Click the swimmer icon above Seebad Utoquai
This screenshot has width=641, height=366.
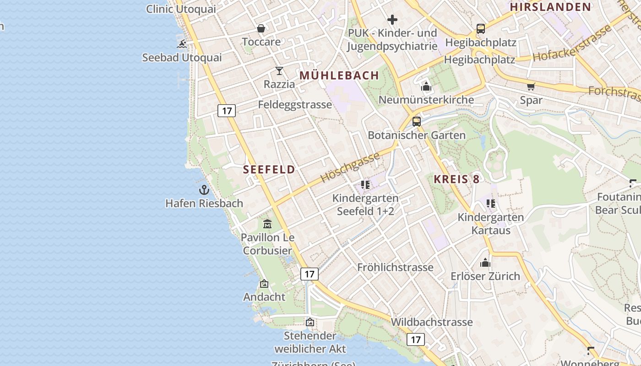pos(182,44)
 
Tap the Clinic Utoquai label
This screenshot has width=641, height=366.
pos(181,9)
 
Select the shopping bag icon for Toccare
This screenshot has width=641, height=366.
pos(261,29)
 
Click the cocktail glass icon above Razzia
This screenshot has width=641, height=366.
pos(279,71)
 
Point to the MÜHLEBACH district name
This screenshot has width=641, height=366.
pos(339,75)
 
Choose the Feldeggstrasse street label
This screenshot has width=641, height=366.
pos(295,105)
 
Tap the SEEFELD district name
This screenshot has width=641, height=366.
pos(269,169)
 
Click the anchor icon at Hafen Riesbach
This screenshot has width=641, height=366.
pos(204,190)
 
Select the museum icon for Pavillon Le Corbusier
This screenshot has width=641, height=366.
pos(267,224)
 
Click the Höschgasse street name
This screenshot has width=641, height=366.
pos(350,167)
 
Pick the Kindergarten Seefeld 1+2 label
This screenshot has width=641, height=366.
pos(365,205)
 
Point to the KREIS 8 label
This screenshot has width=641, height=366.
pos(456,179)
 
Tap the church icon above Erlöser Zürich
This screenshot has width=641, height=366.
pos(485,263)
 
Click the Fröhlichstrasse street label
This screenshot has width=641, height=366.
pos(395,267)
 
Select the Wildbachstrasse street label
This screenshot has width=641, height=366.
pos(431,322)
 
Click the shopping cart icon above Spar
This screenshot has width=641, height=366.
pos(531,86)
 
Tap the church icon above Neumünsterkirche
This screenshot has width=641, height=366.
pos(426,86)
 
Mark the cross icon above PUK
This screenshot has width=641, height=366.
pos(392,20)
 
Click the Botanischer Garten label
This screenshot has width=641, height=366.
pos(417,135)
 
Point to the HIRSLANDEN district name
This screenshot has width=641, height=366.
pos(551,7)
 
